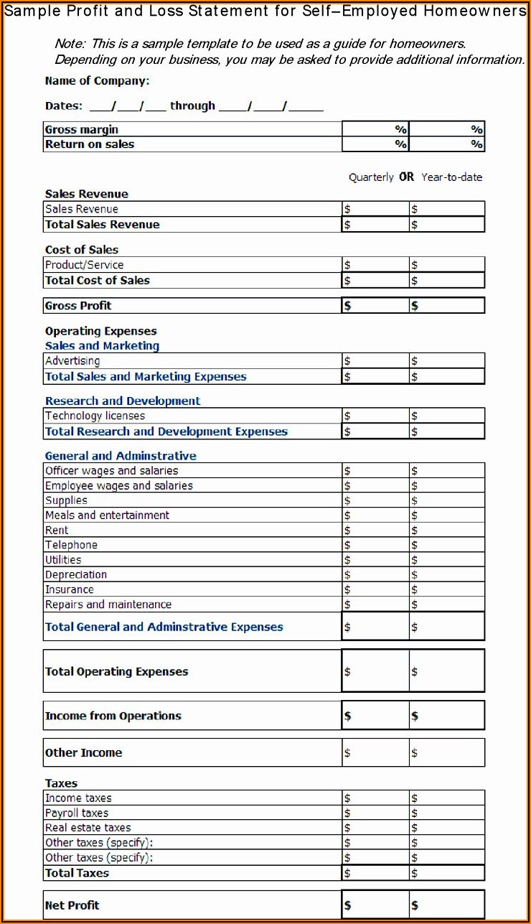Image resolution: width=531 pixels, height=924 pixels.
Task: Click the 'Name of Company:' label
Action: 97,81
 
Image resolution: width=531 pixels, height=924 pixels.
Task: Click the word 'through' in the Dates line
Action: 192,106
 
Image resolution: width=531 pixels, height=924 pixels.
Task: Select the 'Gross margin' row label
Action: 82,130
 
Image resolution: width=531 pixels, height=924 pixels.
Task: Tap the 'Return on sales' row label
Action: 90,144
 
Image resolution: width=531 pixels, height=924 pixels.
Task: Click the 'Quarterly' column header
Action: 371,177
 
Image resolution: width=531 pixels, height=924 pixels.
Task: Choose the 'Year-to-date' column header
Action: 452,177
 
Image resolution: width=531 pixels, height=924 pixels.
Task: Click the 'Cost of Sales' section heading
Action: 82,250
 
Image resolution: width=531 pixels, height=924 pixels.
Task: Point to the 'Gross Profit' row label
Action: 78,306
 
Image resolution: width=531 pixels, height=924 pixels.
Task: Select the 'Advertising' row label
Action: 72,361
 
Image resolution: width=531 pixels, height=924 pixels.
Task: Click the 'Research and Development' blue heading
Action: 123,401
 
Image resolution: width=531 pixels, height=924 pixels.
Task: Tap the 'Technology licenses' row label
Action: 95,416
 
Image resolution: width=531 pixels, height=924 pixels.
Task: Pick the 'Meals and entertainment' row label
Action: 107,515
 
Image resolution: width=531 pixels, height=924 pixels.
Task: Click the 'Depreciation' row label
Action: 76,575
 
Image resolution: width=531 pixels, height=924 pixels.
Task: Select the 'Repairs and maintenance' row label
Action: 108,605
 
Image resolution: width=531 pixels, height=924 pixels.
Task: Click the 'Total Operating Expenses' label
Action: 116,672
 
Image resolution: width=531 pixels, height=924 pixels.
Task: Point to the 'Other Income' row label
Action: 83,753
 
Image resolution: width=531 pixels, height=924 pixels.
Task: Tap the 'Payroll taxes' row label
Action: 77,813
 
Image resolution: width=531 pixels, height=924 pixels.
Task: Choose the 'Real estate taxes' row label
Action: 88,829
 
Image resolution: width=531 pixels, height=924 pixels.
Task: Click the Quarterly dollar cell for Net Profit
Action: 375,905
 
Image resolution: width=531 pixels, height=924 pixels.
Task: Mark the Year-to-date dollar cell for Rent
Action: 447,531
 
